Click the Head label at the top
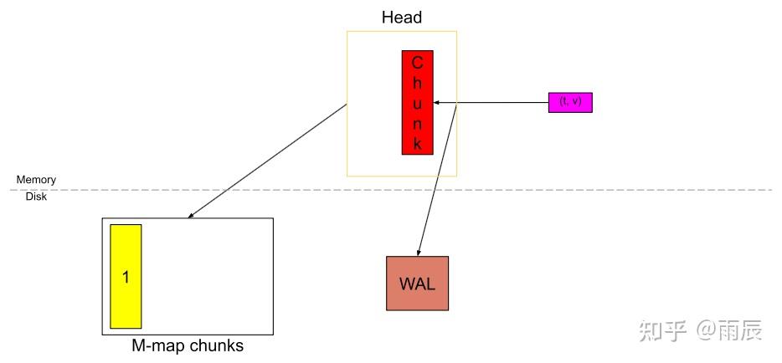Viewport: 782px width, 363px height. tap(402, 17)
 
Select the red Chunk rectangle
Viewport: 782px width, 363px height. tap(417, 103)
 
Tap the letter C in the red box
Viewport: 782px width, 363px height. tap(417, 63)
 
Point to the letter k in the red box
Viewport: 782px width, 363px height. tap(417, 143)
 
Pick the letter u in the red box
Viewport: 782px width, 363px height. tap(417, 103)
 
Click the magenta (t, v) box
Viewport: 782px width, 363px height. tap(569, 102)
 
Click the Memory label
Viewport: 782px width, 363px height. tap(36, 180)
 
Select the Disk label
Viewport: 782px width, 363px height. tap(36, 197)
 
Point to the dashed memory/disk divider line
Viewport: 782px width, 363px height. tap(586, 190)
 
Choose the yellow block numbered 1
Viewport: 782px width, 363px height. tap(126, 277)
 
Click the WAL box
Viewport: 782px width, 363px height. tap(417, 284)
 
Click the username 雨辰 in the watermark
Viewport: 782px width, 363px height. tap(741, 331)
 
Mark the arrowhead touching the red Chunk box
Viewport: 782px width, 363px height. tap(436, 103)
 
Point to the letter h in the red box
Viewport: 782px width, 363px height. tap(417, 83)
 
